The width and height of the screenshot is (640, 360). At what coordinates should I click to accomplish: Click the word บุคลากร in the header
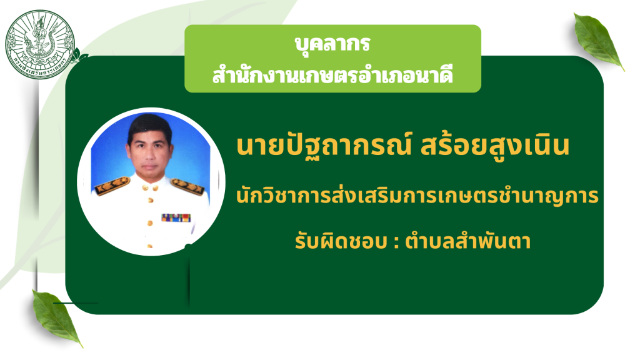pyautogui.click(x=332, y=43)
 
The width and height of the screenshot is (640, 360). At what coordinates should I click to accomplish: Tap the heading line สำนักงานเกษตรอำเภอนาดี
pyautogui.click(x=332, y=74)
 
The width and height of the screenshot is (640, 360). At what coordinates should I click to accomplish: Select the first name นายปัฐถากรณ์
pyautogui.click(x=324, y=146)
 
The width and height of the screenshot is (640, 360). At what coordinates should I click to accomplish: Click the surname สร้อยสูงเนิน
pyautogui.click(x=495, y=146)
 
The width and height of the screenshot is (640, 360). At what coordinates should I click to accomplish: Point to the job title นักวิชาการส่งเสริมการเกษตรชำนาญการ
pyautogui.click(x=417, y=196)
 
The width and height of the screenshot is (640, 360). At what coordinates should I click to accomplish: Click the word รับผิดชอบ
pyautogui.click(x=341, y=241)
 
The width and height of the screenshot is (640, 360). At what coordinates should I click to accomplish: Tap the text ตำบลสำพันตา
pyautogui.click(x=467, y=241)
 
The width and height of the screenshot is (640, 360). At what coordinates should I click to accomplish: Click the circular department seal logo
pyautogui.click(x=39, y=44)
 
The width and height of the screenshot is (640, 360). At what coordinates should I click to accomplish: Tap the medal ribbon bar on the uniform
pyautogui.click(x=176, y=217)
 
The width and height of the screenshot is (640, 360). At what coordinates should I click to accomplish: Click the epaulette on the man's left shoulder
pyautogui.click(x=187, y=186)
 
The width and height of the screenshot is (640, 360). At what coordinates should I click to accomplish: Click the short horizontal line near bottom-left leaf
pyautogui.click(x=76, y=303)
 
